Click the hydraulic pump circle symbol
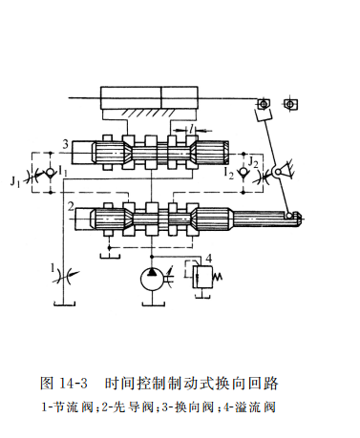[152, 279]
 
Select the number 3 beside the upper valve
[65, 144]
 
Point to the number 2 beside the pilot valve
[71, 207]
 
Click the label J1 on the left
[15, 181]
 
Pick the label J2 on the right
[253, 162]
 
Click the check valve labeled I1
[51, 173]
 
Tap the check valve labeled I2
[244, 173]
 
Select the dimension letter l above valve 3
[191, 128]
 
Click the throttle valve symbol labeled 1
[65, 274]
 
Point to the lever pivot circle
[278, 172]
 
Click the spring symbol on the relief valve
[218, 277]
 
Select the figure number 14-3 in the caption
[73, 383]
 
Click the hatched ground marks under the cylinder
[149, 113]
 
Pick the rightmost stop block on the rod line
[290, 104]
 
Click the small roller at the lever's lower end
[289, 216]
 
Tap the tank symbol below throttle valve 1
[65, 303]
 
